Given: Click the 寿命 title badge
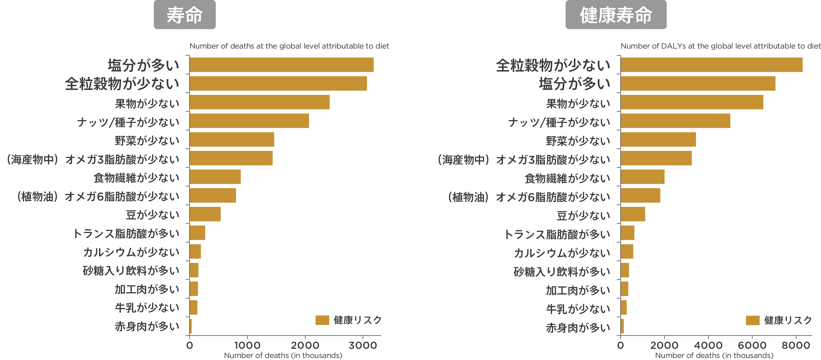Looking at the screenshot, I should pos(185,15).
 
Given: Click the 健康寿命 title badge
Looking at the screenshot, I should pos(616,15).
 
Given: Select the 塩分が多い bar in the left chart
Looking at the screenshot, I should pos(281,65).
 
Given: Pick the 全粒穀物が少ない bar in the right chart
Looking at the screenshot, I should pos(711,65).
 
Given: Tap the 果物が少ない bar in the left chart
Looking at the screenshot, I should pos(260,102).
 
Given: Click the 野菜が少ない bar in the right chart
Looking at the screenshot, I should pos(658,140).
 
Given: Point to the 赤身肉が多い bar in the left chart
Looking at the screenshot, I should pos(191,326).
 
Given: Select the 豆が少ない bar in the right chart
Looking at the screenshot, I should pos(633,214).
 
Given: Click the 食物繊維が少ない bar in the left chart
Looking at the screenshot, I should pos(215,177).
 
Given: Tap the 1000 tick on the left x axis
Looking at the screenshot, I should pos(247,345).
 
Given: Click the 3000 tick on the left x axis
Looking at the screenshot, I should pos(363,345).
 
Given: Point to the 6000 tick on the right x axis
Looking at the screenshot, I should pos(752,345).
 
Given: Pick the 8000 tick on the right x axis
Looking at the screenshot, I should pos(796,345).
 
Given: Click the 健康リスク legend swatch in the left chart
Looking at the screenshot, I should pos(322,320).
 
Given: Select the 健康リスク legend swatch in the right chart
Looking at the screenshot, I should pos(752,320).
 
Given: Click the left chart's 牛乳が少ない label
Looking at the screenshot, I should pos(147,308).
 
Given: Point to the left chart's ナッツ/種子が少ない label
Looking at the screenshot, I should pos(128,122).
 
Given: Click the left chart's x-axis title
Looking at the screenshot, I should pos(283,355).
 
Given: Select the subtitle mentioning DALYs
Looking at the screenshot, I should pos(720,46).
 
